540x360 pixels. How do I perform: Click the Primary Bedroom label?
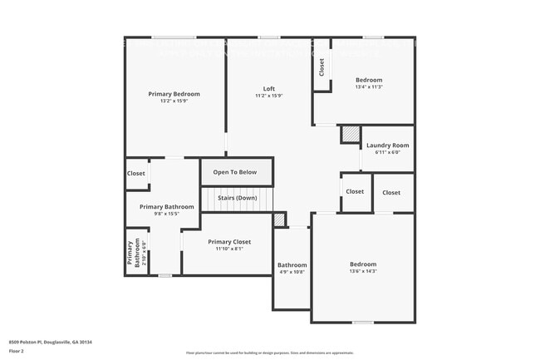(174, 94)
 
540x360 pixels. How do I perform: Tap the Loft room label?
(269, 89)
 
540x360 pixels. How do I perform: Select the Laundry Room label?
(387, 145)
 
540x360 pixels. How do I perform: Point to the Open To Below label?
(235, 172)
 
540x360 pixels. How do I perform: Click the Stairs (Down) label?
(238, 198)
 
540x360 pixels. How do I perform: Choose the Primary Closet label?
(217, 242)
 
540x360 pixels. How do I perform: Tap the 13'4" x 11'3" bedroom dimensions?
(369, 86)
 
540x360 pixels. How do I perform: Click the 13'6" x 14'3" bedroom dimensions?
(363, 271)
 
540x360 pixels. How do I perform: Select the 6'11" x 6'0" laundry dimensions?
(387, 152)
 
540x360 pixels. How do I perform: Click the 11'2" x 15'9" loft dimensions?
(269, 96)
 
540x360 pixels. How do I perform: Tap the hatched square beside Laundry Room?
(351, 134)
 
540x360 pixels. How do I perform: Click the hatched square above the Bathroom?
(280, 219)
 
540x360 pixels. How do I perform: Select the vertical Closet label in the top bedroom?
(322, 67)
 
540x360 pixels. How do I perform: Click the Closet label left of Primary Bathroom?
(136, 173)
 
